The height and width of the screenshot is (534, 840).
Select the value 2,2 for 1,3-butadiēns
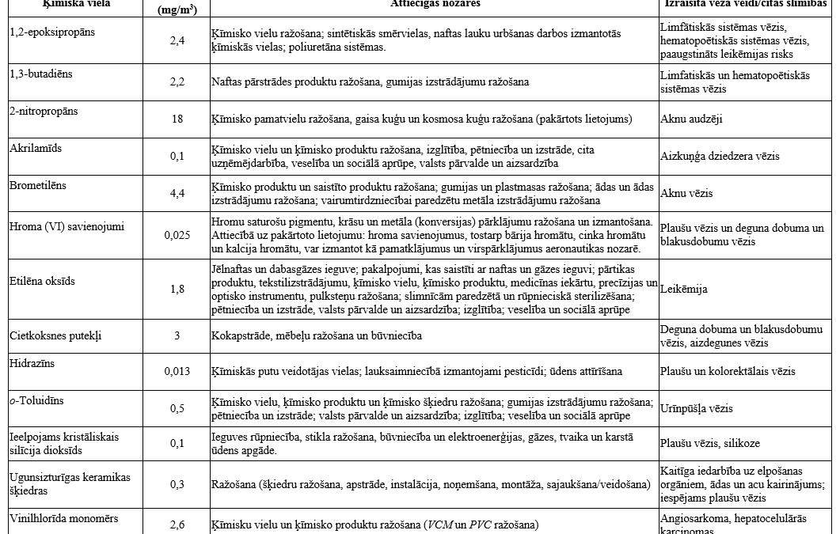click(x=177, y=81)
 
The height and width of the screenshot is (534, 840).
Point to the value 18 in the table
click(x=177, y=119)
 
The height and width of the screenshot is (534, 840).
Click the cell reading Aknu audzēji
click(x=691, y=119)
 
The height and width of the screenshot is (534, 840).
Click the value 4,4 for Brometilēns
click(x=177, y=194)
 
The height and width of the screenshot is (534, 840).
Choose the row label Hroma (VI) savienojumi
click(x=59, y=226)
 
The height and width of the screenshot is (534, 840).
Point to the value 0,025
click(x=177, y=235)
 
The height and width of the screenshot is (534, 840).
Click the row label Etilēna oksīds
click(x=42, y=280)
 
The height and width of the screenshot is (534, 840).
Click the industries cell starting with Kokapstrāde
click(x=316, y=335)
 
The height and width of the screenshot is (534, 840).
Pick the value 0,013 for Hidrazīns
click(x=177, y=371)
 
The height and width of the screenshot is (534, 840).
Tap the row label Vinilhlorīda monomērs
click(x=63, y=518)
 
